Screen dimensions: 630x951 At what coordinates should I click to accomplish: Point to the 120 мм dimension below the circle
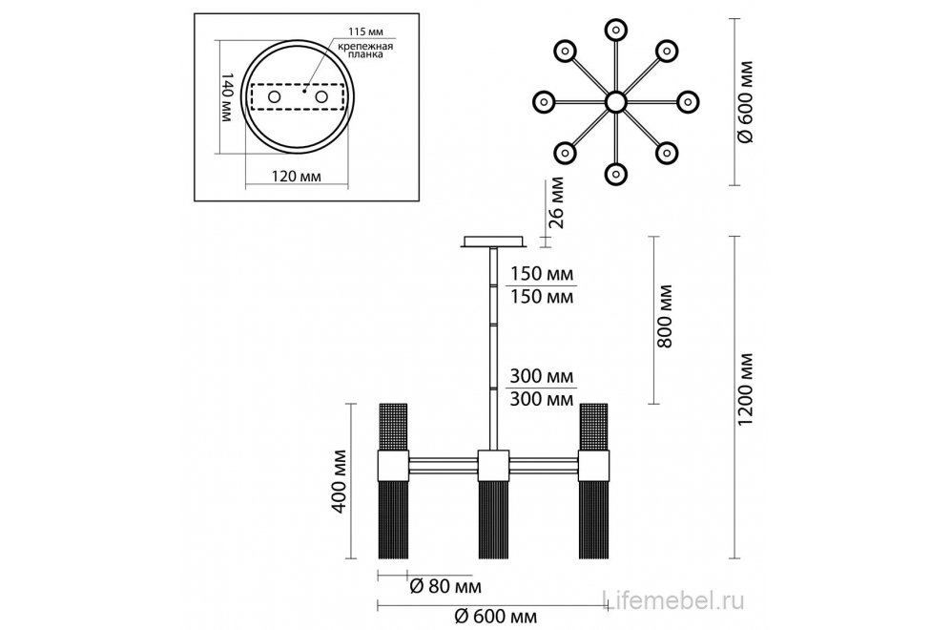pyautogui.click(x=297, y=177)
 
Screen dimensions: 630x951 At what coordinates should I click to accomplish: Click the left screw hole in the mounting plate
pyautogui.click(x=274, y=97)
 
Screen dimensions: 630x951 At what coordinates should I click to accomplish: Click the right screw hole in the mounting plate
pyautogui.click(x=322, y=97)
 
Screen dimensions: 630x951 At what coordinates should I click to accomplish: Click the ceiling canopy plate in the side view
pyautogui.click(x=492, y=242)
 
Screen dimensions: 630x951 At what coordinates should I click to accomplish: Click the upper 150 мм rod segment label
pyautogui.click(x=542, y=274)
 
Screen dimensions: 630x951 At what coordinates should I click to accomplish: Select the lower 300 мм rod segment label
pyautogui.click(x=542, y=398)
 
